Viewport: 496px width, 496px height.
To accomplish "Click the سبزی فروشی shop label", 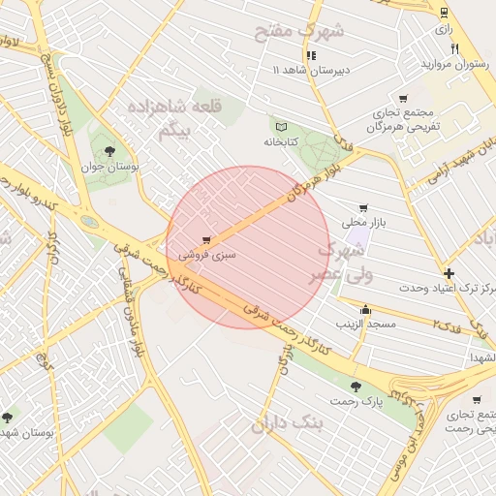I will click(207, 256).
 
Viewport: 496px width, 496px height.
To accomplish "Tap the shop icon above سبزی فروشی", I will click(206, 239).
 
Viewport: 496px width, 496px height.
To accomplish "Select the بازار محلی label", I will click(363, 224).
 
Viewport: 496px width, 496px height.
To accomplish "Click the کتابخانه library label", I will click(287, 142).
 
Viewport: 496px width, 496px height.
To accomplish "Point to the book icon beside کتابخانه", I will click(282, 126).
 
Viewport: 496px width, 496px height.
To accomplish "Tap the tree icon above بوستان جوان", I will click(108, 150).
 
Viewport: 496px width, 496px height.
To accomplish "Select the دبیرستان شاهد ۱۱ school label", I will click(310, 71).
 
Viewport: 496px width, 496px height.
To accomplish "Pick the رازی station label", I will click(445, 29).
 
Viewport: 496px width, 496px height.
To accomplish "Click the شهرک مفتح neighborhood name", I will click(299, 31).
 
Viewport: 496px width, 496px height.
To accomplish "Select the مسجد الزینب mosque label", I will click(366, 324).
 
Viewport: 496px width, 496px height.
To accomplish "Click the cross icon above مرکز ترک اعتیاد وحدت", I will click(449, 273).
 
